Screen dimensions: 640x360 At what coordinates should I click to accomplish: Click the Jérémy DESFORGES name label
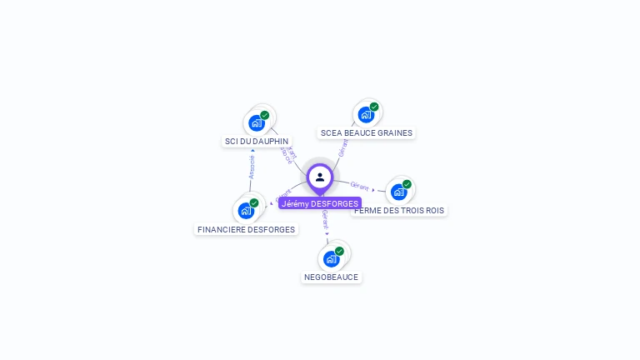[320, 203]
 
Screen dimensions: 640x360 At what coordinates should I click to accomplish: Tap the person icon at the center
[320, 177]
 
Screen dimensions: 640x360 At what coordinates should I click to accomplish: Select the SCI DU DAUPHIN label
[257, 142]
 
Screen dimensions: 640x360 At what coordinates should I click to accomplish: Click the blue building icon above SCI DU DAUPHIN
[257, 122]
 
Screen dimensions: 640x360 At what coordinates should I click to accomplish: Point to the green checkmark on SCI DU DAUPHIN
[265, 115]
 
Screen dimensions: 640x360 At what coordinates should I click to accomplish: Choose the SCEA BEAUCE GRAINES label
[367, 132]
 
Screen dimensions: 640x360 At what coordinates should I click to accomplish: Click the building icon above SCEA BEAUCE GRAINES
[365, 114]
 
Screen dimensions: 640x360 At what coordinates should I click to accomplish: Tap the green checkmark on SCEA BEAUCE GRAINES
[374, 107]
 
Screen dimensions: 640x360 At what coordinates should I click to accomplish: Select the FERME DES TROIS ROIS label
[399, 211]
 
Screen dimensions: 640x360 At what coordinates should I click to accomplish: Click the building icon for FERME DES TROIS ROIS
[398, 192]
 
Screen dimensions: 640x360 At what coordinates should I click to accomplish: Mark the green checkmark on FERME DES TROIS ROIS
[407, 184]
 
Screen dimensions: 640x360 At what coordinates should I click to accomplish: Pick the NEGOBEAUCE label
[332, 277]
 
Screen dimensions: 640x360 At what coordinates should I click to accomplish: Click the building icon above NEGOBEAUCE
[331, 258]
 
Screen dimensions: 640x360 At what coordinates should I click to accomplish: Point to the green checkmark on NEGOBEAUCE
[339, 251]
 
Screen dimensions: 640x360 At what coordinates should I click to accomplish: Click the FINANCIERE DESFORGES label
[246, 229]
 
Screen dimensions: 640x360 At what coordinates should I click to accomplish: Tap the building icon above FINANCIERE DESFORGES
[246, 210]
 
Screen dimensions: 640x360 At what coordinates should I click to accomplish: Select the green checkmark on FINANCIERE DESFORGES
[254, 202]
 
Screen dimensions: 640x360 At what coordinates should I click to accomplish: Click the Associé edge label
[252, 166]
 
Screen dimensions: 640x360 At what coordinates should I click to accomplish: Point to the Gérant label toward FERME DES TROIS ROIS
[360, 187]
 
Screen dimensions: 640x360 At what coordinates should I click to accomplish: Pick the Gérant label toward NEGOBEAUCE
[325, 219]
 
